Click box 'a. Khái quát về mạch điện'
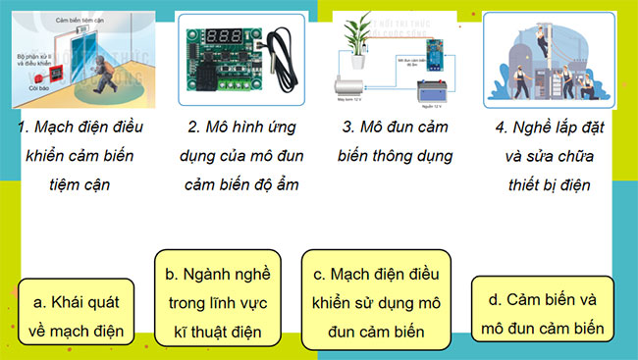[76, 313]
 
